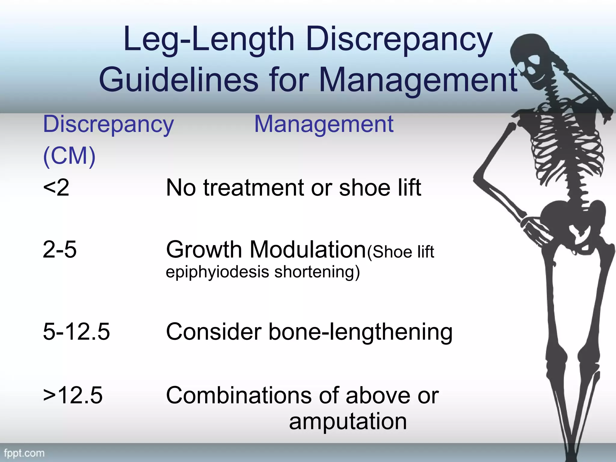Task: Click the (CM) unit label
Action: click(x=69, y=156)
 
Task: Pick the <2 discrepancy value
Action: click(x=56, y=188)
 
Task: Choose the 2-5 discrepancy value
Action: click(x=60, y=250)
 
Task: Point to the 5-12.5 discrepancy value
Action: click(x=76, y=332)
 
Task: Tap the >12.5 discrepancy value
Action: click(x=73, y=395)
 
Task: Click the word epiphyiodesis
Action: click(x=217, y=272)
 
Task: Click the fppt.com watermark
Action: click(x=24, y=453)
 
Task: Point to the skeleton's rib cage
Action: click(x=565, y=144)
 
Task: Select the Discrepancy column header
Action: click(x=108, y=125)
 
